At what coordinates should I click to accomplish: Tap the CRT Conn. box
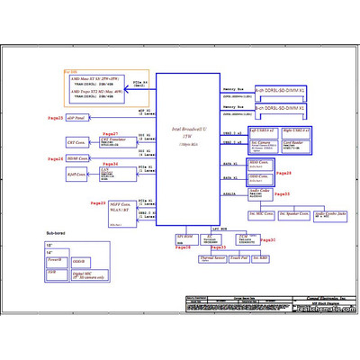(x=76, y=142)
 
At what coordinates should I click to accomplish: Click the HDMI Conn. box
(x=76, y=158)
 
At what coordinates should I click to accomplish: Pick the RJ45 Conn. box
(x=76, y=175)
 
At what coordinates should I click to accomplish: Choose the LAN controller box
(x=112, y=171)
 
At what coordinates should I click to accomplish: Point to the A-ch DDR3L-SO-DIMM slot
(x=280, y=92)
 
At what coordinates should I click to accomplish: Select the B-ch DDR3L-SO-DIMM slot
(x=280, y=108)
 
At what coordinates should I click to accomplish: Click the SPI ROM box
(x=185, y=239)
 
